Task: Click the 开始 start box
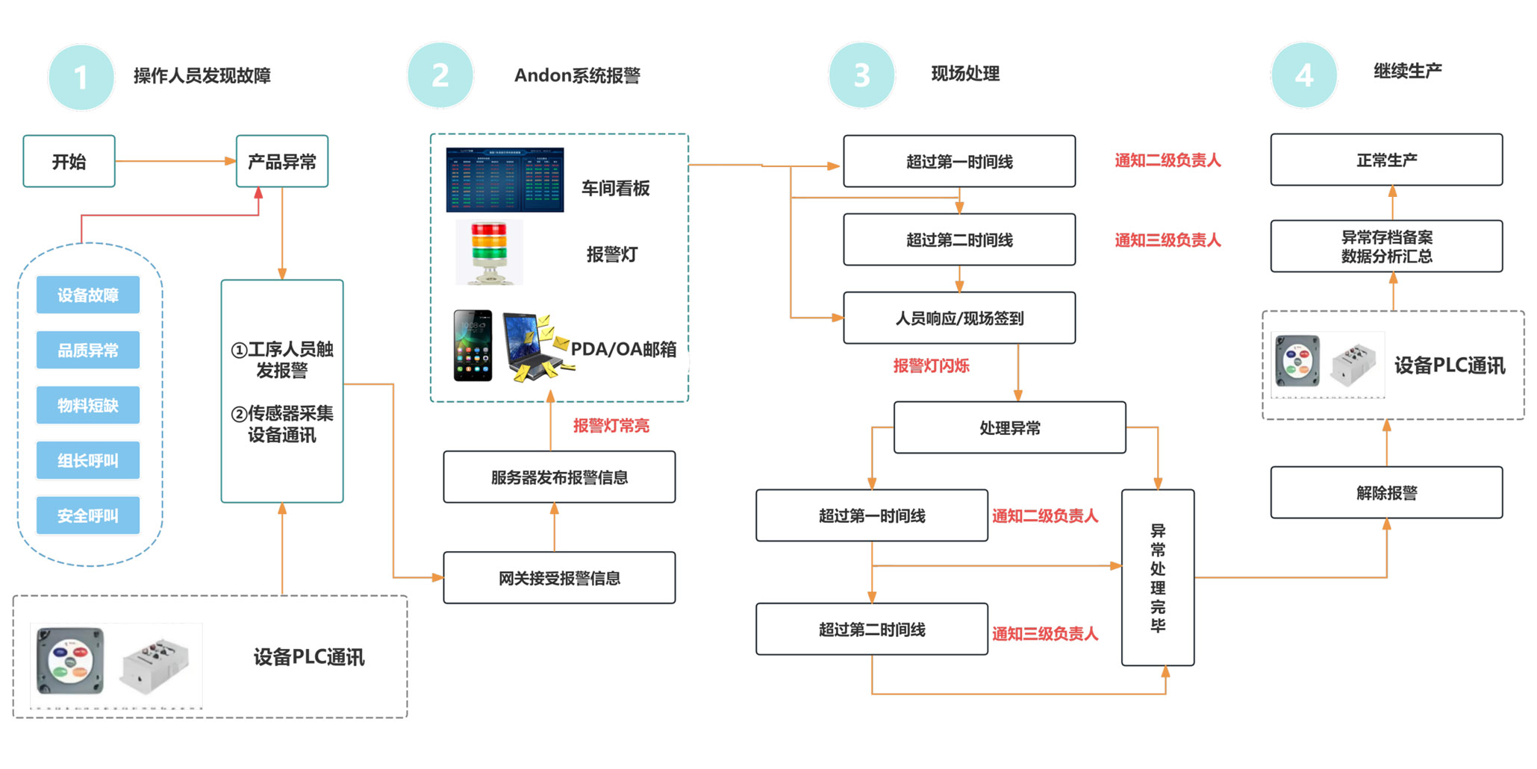pyautogui.click(x=69, y=161)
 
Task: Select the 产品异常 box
pyautogui.click(x=282, y=161)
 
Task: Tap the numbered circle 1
pyautogui.click(x=81, y=77)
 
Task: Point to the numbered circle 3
pyautogui.click(x=861, y=75)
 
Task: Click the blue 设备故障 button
pyautogui.click(x=88, y=295)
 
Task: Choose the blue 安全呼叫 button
pyautogui.click(x=88, y=515)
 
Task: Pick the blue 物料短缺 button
pyautogui.click(x=88, y=406)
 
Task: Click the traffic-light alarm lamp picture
pyautogui.click(x=489, y=252)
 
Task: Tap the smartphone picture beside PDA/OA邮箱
pyautogui.click(x=473, y=345)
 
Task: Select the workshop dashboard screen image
pyautogui.click(x=505, y=180)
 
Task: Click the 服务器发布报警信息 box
pyautogui.click(x=559, y=477)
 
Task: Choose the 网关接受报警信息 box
pyautogui.click(x=559, y=578)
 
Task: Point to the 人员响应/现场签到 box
pyautogui.click(x=959, y=318)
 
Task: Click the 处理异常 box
pyautogui.click(x=1009, y=428)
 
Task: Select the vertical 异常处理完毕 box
pyautogui.click(x=1158, y=577)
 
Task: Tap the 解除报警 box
pyautogui.click(x=1386, y=492)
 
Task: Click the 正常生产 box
pyautogui.click(x=1386, y=160)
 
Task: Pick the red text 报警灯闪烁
pyautogui.click(x=931, y=365)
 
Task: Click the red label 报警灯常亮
pyautogui.click(x=611, y=426)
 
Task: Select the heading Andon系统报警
pyautogui.click(x=577, y=75)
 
